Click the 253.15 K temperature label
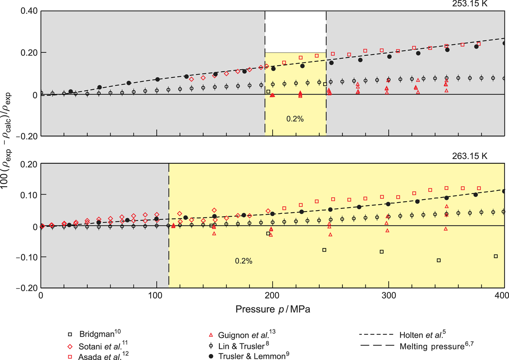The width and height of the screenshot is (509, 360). (469, 4)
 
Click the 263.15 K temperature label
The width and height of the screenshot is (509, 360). (469, 156)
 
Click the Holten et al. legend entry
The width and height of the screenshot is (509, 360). (422, 335)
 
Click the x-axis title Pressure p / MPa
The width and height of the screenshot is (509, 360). (273, 309)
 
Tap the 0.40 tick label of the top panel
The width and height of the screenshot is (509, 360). (29, 11)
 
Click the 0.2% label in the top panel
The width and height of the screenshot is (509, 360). (295, 119)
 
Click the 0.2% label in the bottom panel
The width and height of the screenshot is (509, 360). (243, 261)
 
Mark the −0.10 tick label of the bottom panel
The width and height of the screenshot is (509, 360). (26, 257)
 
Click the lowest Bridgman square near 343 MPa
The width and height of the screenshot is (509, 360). (439, 260)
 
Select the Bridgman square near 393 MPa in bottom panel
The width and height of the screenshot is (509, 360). (496, 256)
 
